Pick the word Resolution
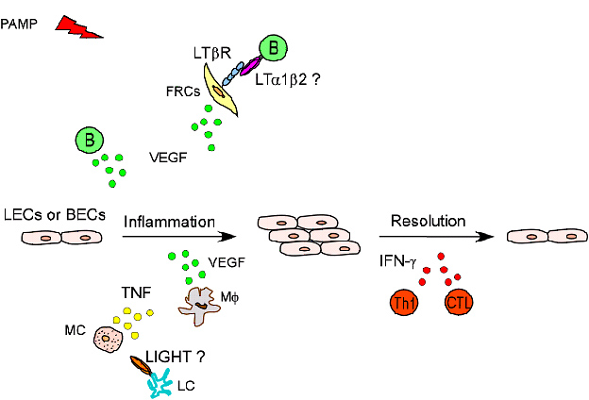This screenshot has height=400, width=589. tap(429, 222)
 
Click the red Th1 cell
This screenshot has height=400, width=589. tap(404, 304)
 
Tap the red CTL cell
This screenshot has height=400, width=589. tap(459, 304)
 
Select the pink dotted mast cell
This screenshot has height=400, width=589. tap(110, 339)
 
